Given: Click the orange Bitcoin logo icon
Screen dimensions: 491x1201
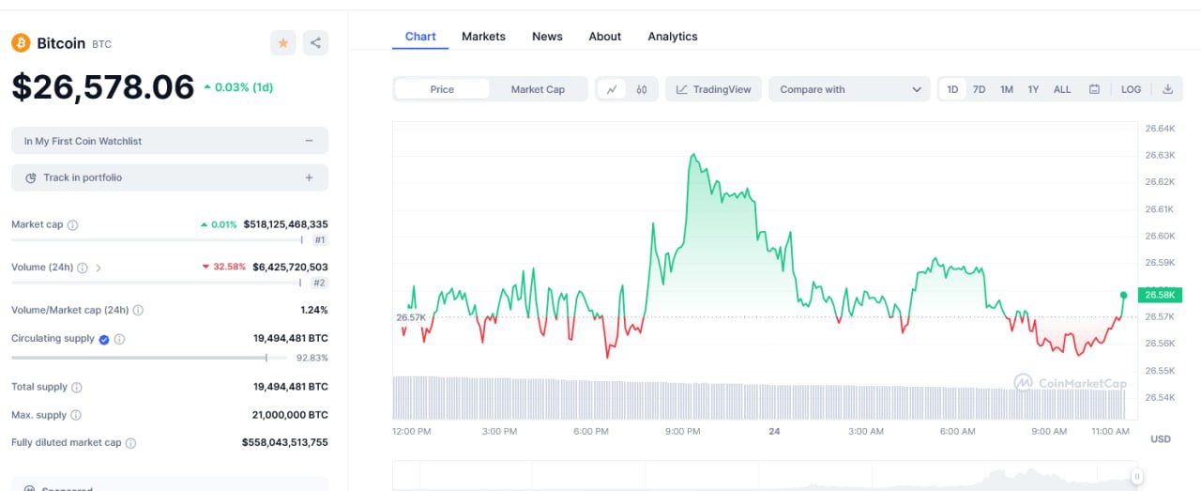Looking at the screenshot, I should click(21, 43).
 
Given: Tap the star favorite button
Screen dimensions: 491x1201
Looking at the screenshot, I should click(282, 42).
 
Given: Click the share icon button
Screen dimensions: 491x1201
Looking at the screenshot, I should click(315, 42).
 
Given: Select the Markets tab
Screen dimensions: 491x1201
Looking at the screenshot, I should click(483, 37).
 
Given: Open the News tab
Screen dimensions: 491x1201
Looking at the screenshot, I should click(547, 37).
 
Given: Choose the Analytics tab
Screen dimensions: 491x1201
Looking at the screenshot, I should click(672, 37).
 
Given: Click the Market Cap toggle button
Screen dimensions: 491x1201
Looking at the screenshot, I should click(538, 89).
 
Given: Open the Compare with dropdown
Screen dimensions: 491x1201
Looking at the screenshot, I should click(849, 89).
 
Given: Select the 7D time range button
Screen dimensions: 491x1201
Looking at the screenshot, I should click(979, 89).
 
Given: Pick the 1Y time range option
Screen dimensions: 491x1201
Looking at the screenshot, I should click(1033, 89).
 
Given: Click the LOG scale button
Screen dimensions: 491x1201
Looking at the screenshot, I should click(1131, 89).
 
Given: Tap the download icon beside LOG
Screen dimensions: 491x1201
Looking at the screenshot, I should click(1167, 89).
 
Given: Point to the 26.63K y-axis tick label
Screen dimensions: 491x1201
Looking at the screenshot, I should click(1159, 155).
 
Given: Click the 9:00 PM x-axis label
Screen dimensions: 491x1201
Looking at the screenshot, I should click(682, 432).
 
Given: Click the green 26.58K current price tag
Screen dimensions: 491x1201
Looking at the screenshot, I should click(1160, 295).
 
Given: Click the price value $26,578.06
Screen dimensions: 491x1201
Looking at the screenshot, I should click(103, 87).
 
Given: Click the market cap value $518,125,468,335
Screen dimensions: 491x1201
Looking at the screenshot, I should click(285, 224).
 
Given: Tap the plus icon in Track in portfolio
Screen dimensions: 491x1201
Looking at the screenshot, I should click(309, 177).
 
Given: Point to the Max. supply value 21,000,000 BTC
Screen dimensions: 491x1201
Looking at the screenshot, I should click(290, 415).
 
